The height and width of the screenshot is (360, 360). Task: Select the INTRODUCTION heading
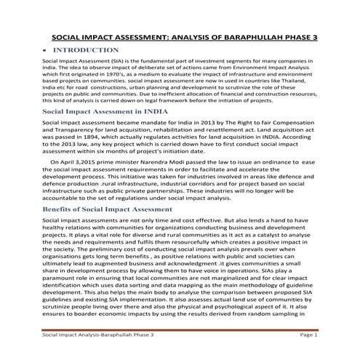tap(86, 50)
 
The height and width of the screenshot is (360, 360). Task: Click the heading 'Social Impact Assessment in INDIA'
tap(100, 113)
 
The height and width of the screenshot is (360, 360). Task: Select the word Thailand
tap(300, 82)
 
